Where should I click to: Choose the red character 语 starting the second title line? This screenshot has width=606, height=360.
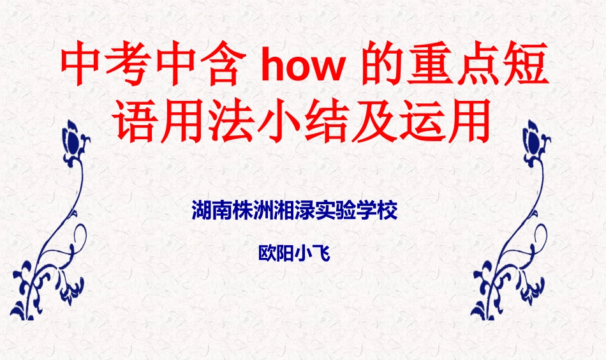pyautogui.click(x=137, y=123)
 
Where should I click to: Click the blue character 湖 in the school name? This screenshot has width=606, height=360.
pyautogui.click(x=202, y=211)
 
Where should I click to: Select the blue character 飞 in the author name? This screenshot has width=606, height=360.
pyautogui.click(x=321, y=253)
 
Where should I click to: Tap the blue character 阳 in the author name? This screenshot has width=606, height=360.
pyautogui.click(x=285, y=253)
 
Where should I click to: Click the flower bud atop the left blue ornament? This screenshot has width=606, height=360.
pyautogui.click(x=73, y=137)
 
